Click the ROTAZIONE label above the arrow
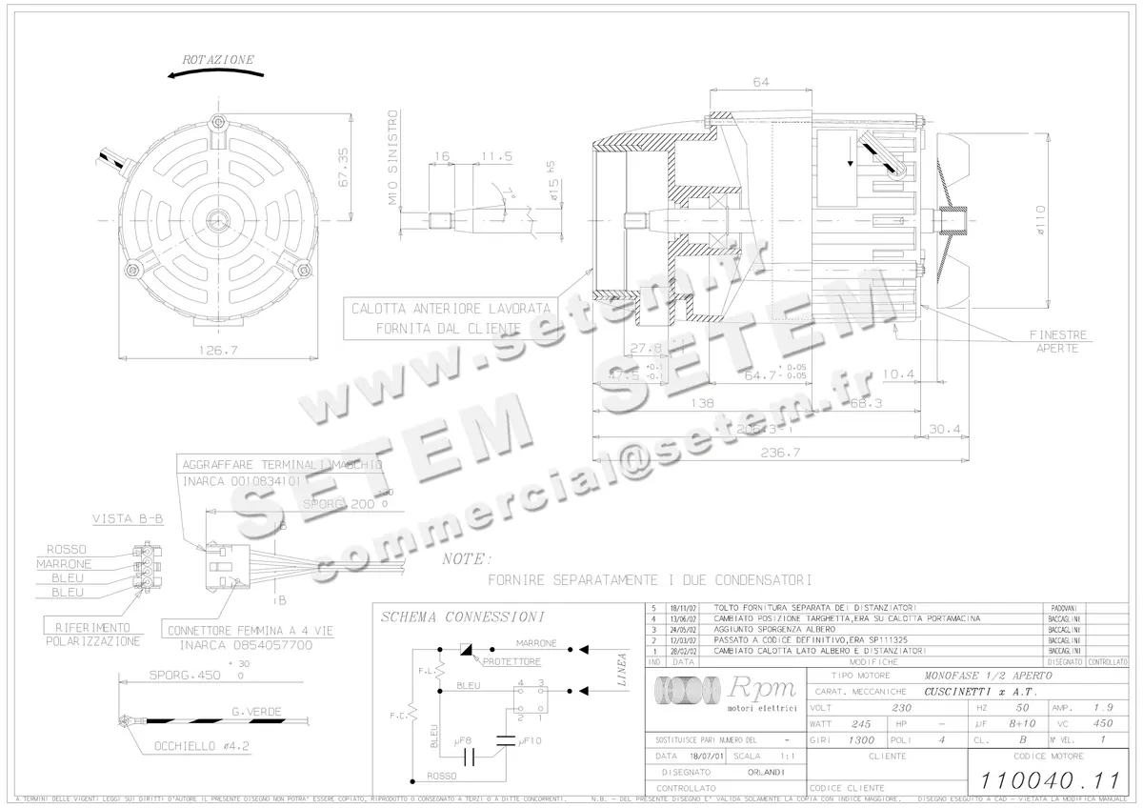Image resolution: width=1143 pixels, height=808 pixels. point(218,59)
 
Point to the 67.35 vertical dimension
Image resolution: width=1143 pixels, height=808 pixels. point(343,168)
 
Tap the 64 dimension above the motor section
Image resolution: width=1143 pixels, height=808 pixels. point(761,83)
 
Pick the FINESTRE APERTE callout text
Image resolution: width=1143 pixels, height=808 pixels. point(1057,342)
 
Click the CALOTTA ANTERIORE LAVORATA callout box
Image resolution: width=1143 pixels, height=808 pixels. point(451,318)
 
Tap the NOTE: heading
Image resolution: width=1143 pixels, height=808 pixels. point(468,558)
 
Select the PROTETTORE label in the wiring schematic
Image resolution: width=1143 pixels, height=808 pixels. point(511,661)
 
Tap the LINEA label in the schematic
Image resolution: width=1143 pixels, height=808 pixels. point(622,667)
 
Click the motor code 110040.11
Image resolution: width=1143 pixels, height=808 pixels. point(1050,778)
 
